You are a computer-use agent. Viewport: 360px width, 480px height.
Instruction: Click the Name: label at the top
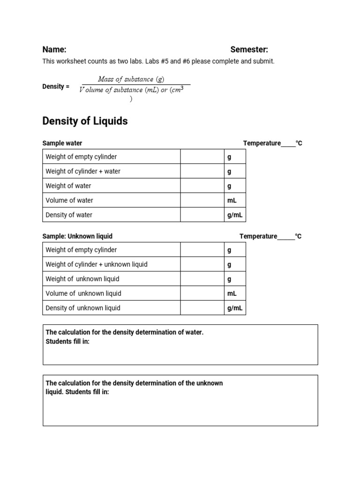point(54,50)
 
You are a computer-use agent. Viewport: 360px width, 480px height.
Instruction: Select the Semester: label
point(249,50)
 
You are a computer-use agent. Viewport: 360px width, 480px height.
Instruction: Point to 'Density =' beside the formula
point(56,87)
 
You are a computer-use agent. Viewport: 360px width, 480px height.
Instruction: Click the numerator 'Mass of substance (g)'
point(131,79)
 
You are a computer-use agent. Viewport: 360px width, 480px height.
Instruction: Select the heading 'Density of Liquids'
point(85,121)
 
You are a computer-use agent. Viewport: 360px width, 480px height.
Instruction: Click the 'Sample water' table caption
point(62,143)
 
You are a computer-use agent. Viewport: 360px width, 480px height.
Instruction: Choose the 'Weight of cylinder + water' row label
point(83,171)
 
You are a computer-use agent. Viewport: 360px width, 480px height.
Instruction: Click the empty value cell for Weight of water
point(202,186)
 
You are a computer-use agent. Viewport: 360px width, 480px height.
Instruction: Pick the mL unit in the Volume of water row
point(232,200)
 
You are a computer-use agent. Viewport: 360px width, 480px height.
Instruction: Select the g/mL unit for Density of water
point(235,215)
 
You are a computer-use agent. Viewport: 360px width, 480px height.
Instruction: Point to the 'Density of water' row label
point(69,215)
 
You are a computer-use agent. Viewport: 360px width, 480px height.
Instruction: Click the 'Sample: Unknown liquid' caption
point(77,236)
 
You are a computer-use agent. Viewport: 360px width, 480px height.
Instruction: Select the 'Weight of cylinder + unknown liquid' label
point(96,264)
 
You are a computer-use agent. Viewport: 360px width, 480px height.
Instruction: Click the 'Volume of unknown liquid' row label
point(83,293)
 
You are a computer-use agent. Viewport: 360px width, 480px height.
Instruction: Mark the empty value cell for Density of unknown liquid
point(202,308)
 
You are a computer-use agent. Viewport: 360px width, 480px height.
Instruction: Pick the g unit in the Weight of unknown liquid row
point(229,279)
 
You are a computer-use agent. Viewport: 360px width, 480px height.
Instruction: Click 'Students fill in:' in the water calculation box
point(67,341)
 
